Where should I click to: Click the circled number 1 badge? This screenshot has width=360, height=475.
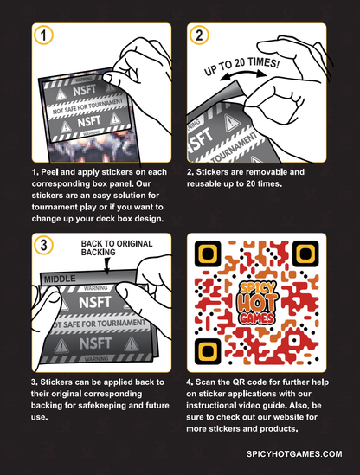tap(43, 35)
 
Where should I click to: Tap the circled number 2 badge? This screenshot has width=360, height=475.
tap(199, 35)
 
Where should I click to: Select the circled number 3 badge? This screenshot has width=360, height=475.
tap(43, 245)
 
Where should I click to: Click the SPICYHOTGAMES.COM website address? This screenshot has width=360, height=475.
tap(294, 453)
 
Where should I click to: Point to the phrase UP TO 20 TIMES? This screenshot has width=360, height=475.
tap(241, 66)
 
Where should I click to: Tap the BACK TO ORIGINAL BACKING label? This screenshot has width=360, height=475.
tap(117, 247)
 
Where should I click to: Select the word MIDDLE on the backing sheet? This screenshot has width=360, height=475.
tap(60, 279)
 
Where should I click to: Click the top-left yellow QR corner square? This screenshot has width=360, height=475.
tap(208, 254)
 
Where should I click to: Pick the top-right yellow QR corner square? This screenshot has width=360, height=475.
tap(305, 254)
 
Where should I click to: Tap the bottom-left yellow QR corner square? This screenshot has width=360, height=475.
tap(208, 351)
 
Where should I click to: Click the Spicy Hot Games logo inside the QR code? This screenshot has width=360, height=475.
tap(257, 303)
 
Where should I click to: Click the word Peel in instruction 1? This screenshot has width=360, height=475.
tap(49, 172)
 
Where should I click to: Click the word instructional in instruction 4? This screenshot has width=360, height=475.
tap(211, 405)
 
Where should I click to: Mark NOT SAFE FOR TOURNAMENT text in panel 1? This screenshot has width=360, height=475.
tap(88, 106)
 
